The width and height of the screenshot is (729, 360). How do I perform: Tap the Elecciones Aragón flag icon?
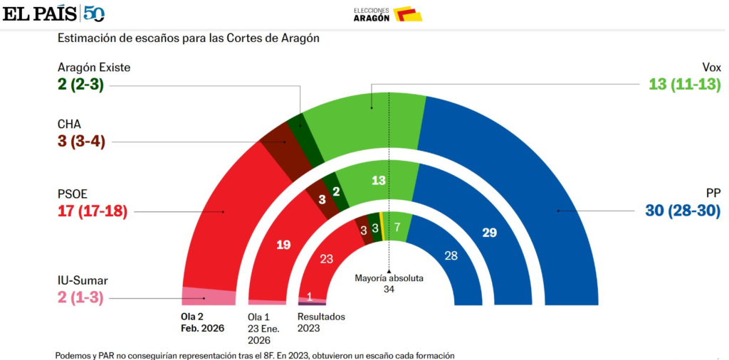coord(407,14)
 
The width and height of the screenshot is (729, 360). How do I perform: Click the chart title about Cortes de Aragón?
coord(188,38)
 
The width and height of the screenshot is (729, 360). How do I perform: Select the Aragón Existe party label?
coord(94,67)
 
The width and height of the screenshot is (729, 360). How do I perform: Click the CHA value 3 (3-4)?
coord(81,141)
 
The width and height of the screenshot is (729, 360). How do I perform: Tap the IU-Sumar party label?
coord(85,280)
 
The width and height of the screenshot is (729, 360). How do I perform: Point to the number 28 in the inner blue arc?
coord(451,255)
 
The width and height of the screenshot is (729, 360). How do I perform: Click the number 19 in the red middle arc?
coord(283,245)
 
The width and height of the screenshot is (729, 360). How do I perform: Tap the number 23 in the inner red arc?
coord(326,259)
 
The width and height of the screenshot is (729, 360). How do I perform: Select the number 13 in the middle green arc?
coord(379,181)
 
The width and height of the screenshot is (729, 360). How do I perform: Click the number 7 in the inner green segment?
coord(397,227)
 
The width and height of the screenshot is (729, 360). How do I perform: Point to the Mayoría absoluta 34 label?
coord(389,283)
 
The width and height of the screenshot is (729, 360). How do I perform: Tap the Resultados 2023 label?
coord(320,322)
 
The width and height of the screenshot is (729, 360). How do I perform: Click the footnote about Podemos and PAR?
coord(255,354)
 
